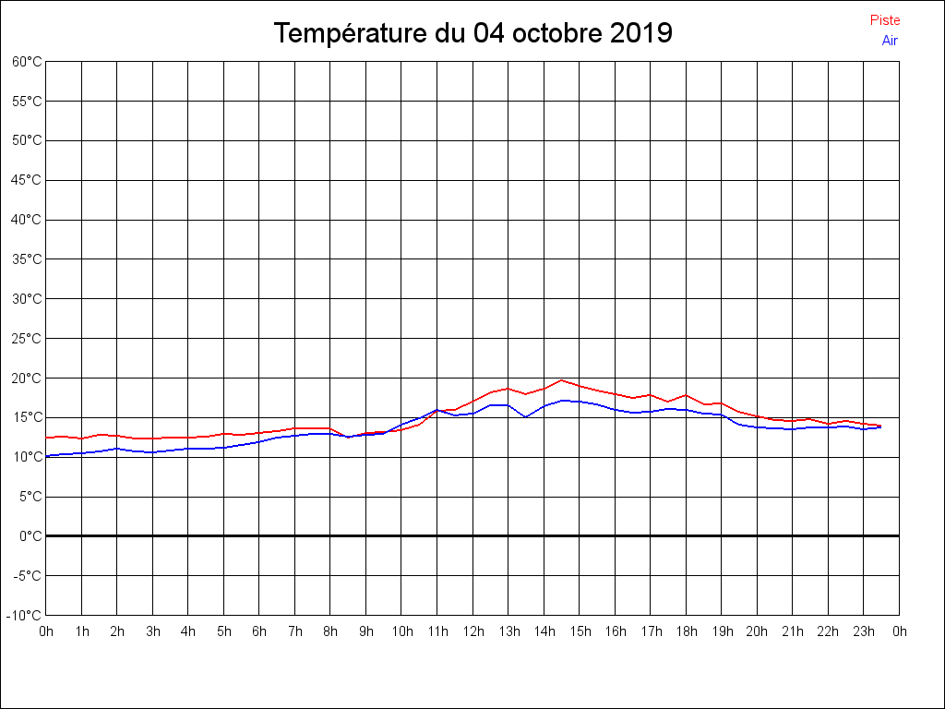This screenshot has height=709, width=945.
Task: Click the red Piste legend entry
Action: point(885,20)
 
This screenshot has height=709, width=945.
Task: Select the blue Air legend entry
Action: point(890,40)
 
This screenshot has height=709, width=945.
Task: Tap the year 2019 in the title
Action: point(641,33)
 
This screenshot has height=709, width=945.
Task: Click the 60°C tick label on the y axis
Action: point(27,62)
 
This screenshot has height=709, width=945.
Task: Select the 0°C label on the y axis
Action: point(30,536)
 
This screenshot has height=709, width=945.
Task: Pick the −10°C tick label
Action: point(25,616)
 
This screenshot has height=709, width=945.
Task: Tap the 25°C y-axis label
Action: point(27,339)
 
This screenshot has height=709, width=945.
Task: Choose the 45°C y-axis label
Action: point(27,180)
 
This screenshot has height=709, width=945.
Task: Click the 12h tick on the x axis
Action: point(472,631)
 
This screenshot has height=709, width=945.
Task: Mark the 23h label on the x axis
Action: point(864,631)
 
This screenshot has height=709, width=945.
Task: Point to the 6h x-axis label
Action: point(259,631)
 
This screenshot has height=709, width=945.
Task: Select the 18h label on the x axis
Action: point(686,631)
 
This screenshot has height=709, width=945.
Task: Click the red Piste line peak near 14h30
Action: point(561,380)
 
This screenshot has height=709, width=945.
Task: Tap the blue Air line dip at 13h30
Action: point(525,416)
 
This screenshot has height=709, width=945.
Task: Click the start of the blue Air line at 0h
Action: point(47,455)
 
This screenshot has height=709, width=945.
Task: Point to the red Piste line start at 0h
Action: point(47,438)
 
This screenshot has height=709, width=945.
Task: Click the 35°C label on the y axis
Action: point(27,259)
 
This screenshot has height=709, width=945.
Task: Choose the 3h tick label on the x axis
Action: point(152,631)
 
